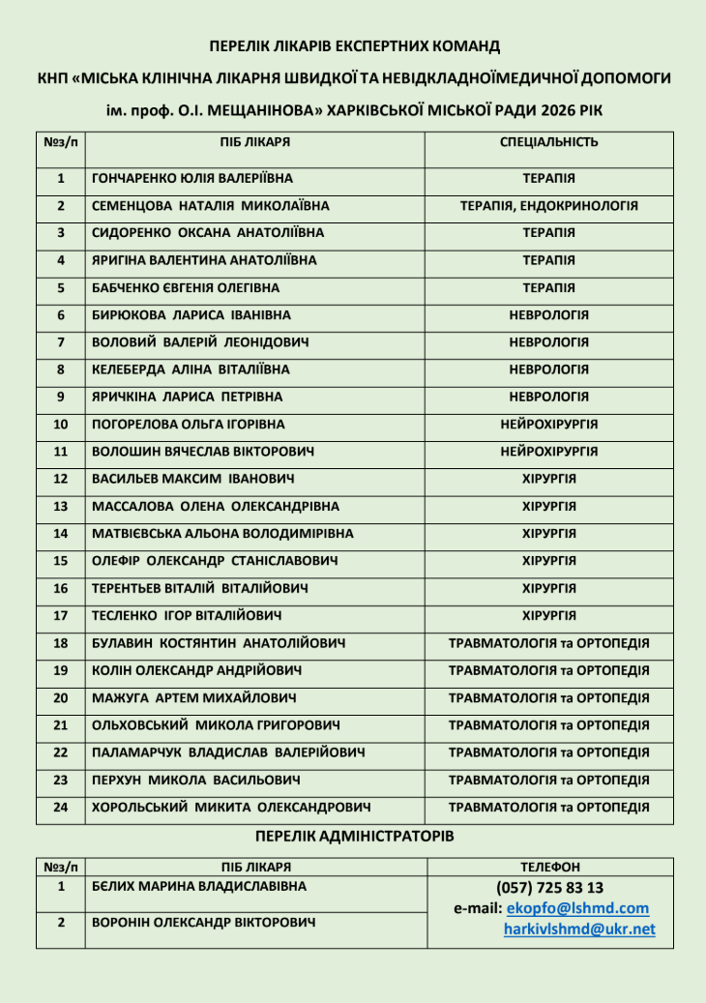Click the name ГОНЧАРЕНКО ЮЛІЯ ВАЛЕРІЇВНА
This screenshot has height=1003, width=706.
coord(191,179)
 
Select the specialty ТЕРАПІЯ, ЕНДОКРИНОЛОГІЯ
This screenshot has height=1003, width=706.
coord(548,206)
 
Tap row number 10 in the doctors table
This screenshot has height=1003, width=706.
coord(61,425)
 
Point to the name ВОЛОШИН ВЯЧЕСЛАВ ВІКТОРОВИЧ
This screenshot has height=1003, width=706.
coord(202,452)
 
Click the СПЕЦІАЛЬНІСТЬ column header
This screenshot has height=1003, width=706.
coord(548,142)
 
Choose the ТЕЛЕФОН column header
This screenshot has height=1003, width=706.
coord(549,868)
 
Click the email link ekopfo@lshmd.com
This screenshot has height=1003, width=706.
coord(577,908)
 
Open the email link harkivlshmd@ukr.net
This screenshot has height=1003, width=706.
coord(579,929)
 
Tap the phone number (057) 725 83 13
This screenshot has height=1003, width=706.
coord(549,887)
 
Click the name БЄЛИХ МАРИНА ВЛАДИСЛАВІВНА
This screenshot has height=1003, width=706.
coord(198,886)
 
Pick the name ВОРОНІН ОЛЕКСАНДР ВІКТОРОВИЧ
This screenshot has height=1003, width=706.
coord(203,923)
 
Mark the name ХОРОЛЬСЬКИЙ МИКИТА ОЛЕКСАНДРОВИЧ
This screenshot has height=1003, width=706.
coord(232,807)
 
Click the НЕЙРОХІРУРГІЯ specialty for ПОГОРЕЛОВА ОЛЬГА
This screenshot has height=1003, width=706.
coord(548,425)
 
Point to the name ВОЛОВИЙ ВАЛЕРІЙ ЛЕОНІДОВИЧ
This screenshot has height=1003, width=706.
coord(200,342)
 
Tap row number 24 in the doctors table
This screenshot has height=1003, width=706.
coord(61,807)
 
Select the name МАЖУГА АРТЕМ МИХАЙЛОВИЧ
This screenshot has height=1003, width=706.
coord(193,697)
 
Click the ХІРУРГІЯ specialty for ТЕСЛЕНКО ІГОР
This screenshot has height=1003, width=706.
coord(548,615)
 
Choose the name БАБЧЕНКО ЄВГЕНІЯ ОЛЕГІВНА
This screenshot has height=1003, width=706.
coord(185,288)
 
